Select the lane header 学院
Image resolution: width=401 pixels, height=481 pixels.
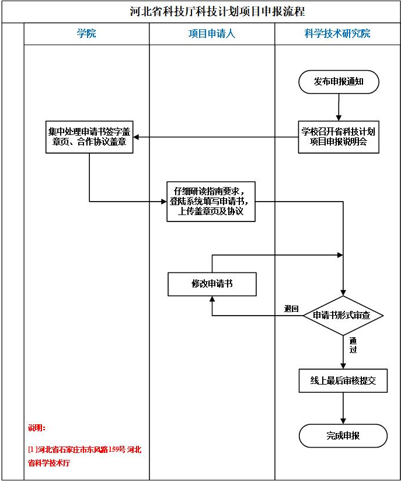click(86, 34)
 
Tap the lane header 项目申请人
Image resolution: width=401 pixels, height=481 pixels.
click(211, 34)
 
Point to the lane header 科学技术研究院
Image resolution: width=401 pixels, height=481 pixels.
click(337, 34)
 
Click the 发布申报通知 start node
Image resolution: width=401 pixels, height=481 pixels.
click(339, 82)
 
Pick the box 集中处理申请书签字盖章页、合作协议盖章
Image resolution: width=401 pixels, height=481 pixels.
click(89, 137)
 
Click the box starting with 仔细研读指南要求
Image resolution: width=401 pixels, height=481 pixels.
click(211, 201)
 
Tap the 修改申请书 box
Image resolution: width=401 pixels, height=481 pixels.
click(211, 284)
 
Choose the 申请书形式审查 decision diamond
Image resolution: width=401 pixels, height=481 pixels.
click(343, 316)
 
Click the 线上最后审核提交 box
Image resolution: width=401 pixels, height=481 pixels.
click(343, 381)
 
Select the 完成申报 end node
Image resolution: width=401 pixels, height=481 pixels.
click(343, 436)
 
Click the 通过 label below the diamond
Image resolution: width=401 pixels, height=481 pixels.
click(353, 345)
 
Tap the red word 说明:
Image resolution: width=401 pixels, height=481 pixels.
click(37, 428)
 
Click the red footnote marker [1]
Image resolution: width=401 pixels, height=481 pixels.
click(33, 449)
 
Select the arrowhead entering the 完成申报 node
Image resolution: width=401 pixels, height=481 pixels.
click(343, 420)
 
